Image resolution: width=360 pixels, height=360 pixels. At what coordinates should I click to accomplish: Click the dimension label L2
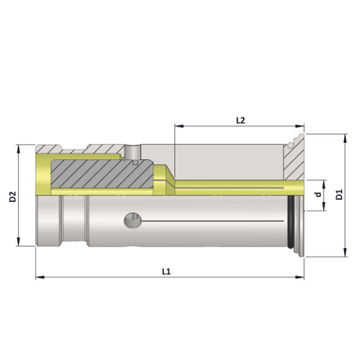click(x=240, y=120)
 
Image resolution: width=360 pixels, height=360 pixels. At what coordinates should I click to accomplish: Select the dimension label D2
click(x=13, y=196)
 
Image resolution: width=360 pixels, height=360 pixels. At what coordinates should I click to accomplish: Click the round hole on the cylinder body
click(x=134, y=221)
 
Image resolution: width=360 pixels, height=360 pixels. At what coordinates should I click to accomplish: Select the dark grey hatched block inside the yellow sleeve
click(x=99, y=174)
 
